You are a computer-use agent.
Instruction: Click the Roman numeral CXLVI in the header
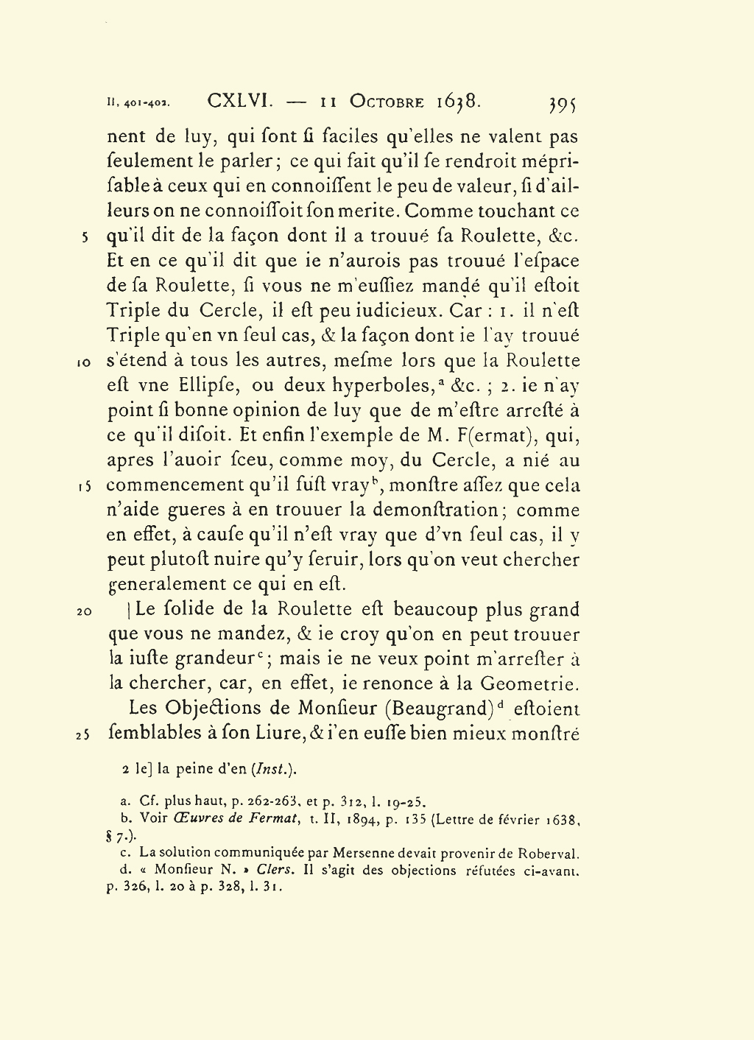[241, 101]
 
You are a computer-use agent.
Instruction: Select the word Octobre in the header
[387, 102]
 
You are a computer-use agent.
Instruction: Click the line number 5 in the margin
[86, 238]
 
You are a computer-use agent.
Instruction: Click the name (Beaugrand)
[440, 709]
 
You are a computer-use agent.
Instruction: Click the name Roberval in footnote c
[549, 854]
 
